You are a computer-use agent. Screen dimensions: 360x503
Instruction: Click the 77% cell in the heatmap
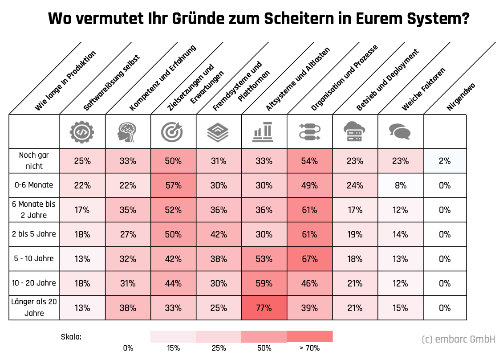(x=264, y=307)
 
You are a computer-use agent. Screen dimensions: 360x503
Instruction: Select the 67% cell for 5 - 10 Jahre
(x=309, y=258)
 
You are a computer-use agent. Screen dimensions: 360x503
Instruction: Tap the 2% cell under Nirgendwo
(x=444, y=161)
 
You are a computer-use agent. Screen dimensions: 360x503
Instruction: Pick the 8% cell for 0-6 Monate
(x=400, y=185)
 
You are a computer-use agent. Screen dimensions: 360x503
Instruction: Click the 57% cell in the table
(x=173, y=185)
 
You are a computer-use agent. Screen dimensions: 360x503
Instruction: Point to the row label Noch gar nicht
(x=34, y=161)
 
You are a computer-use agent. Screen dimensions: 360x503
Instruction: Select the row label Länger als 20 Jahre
(x=34, y=307)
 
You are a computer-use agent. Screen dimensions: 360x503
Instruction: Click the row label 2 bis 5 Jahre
(x=34, y=234)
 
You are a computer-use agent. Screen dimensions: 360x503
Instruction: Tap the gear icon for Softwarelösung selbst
(x=82, y=132)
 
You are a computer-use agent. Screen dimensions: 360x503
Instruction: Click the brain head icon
(x=128, y=132)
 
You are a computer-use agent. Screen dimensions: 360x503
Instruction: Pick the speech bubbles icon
(x=400, y=132)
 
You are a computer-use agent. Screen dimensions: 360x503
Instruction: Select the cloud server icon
(x=354, y=132)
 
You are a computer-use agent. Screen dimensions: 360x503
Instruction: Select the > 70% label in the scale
(x=309, y=348)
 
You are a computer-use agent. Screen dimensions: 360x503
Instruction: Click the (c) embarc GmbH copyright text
(x=458, y=340)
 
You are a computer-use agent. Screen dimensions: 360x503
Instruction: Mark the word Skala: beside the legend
(x=71, y=337)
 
